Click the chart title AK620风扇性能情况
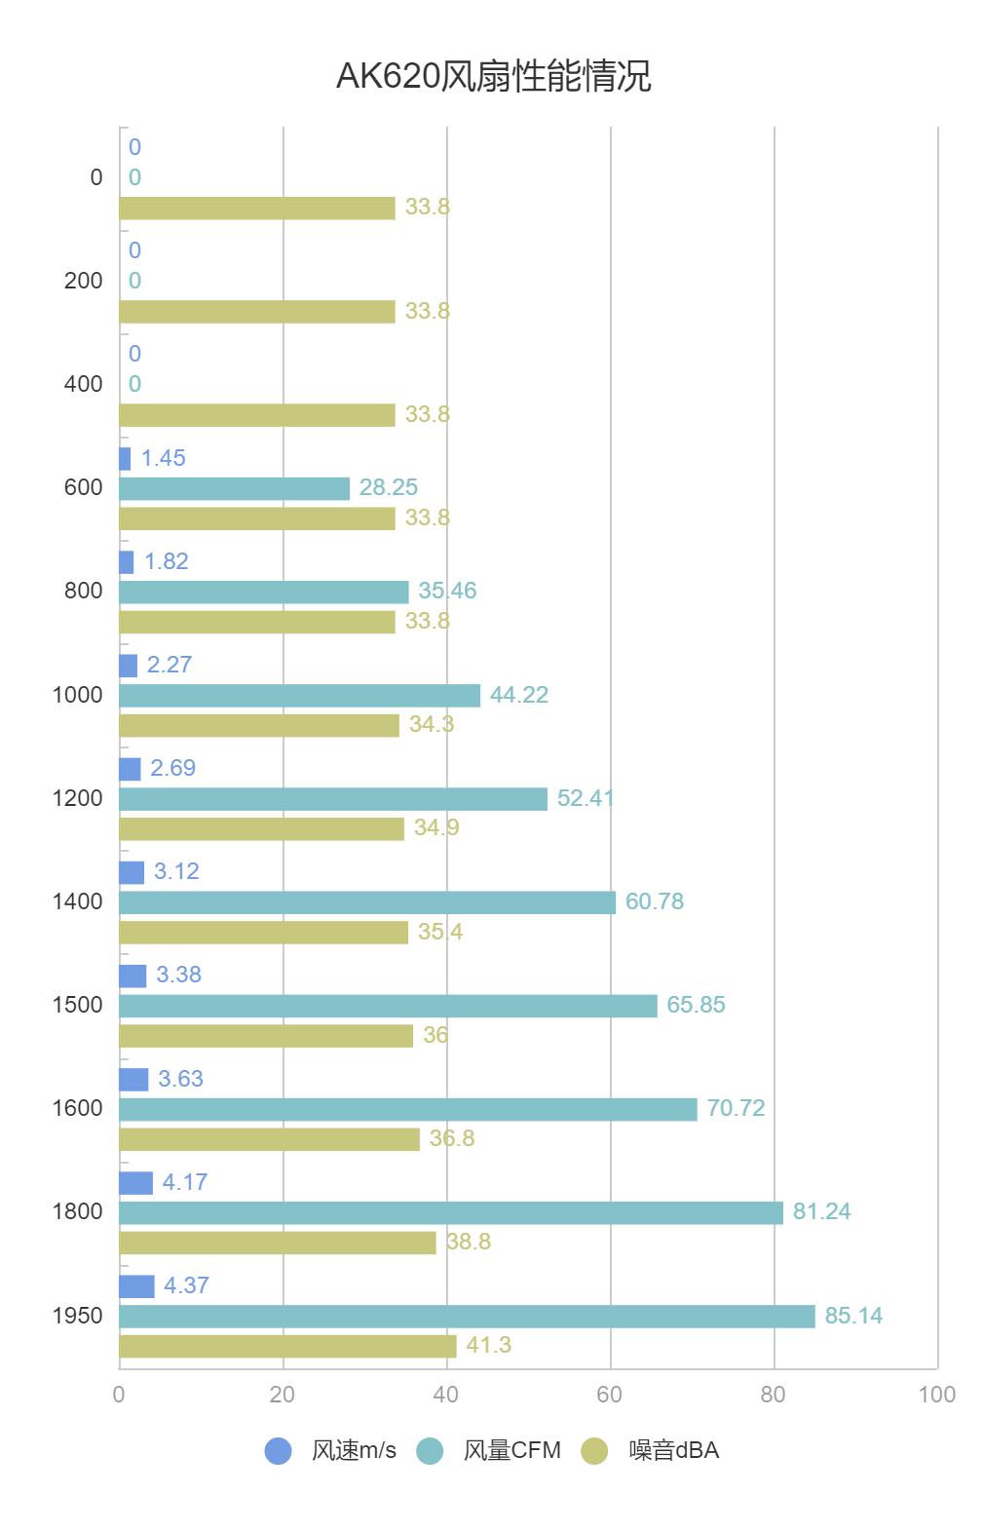pos(492,76)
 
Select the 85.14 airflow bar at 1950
pos(467,1316)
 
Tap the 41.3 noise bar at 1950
pos(287,1346)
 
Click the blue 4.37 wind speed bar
pos(136,1285)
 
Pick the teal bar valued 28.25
pos(234,488)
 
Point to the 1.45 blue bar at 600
pos(125,458)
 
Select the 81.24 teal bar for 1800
pos(450,1212)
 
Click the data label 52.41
pos(586,798)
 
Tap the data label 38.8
pos(469,1242)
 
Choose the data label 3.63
pos(180,1079)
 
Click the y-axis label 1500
pos(77,1005)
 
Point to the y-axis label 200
pos(83,281)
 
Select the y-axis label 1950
pos(77,1316)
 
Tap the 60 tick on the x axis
pos(610,1395)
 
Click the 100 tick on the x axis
pos(936,1395)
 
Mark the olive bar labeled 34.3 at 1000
pos(258,725)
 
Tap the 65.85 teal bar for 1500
pos(388,1006)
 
